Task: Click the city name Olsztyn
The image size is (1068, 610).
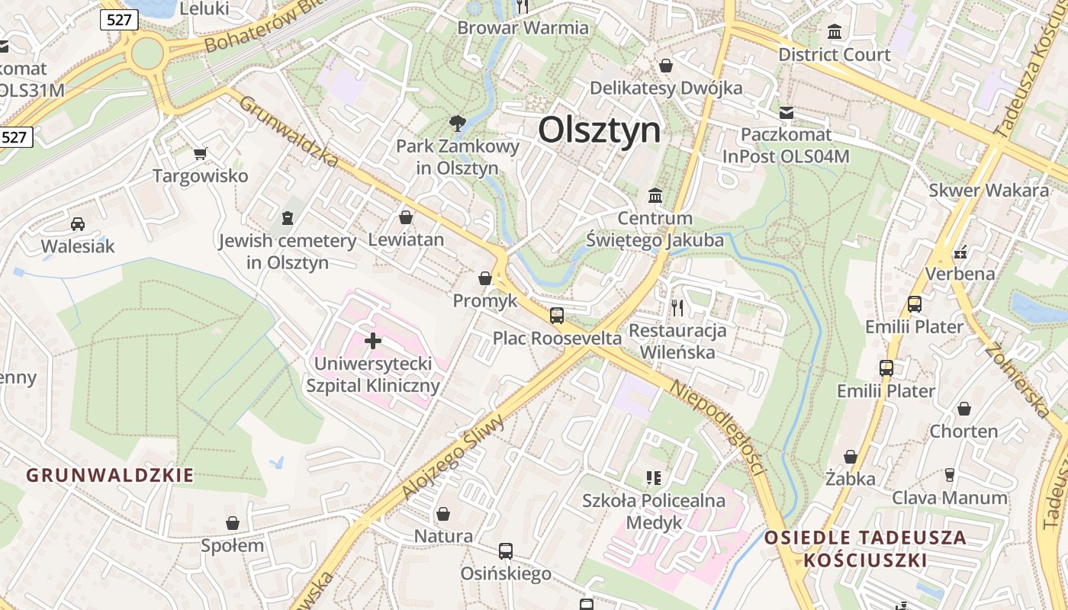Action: [x=600, y=130]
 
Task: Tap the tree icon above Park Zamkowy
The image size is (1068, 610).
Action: [x=457, y=122]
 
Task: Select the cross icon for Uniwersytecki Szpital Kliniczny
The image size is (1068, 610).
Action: [x=373, y=341]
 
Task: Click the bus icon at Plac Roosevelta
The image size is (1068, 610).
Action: [x=557, y=315]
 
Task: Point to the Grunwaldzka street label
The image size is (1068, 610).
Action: [x=289, y=130]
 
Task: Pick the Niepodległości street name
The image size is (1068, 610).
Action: [x=717, y=427]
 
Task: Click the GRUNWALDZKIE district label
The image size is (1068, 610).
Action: [x=110, y=476]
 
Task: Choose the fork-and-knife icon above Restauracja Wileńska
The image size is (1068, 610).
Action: [x=677, y=307]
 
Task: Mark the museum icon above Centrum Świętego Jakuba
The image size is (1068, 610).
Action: [x=655, y=196]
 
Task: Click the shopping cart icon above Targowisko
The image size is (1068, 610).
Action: [x=201, y=154]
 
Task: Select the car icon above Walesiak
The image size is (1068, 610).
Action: [x=78, y=223]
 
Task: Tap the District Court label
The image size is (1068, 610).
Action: [x=834, y=55]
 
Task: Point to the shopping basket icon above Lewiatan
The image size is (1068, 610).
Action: [x=406, y=217]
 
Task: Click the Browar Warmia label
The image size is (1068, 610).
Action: [x=523, y=28]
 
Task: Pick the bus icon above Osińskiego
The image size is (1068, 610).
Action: [x=505, y=551]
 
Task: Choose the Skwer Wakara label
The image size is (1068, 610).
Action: [x=988, y=191]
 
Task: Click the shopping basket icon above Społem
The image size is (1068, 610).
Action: [x=233, y=523]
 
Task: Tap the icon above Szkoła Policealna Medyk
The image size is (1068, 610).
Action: [x=653, y=478]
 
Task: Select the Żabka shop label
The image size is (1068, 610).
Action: [x=850, y=479]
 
